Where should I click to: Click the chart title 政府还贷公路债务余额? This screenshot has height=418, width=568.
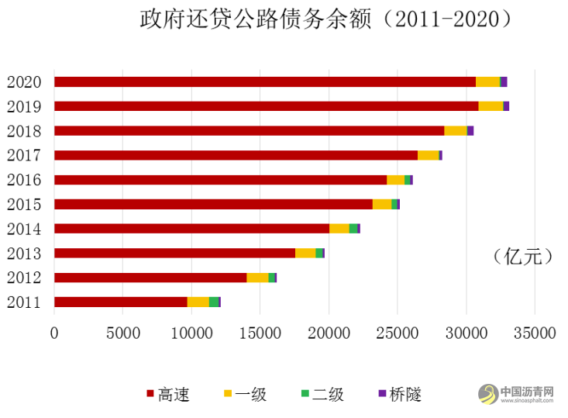point(325,19)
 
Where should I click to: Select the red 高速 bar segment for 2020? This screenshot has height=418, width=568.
point(264,81)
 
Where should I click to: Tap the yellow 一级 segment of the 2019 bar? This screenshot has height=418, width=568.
point(490,106)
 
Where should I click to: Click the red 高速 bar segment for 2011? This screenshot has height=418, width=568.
point(120,302)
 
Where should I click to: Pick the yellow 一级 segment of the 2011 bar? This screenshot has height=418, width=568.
point(198,302)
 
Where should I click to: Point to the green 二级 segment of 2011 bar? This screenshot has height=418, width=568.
point(213,302)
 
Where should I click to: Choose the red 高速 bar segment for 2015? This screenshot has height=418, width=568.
point(213,204)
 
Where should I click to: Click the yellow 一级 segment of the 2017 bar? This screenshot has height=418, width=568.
point(428,155)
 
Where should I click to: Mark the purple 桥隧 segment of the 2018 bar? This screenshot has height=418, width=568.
point(470,130)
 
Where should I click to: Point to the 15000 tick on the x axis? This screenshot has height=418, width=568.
point(191,333)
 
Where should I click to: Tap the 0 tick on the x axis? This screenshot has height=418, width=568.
point(54,333)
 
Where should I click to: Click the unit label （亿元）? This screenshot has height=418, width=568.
point(522,257)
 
